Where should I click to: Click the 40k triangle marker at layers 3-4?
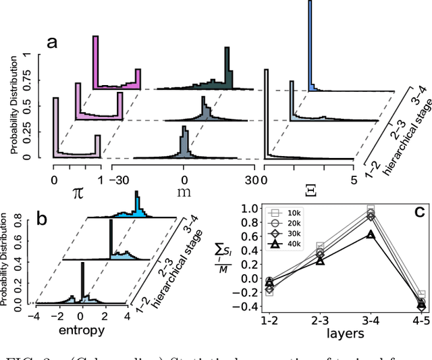(369, 234)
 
